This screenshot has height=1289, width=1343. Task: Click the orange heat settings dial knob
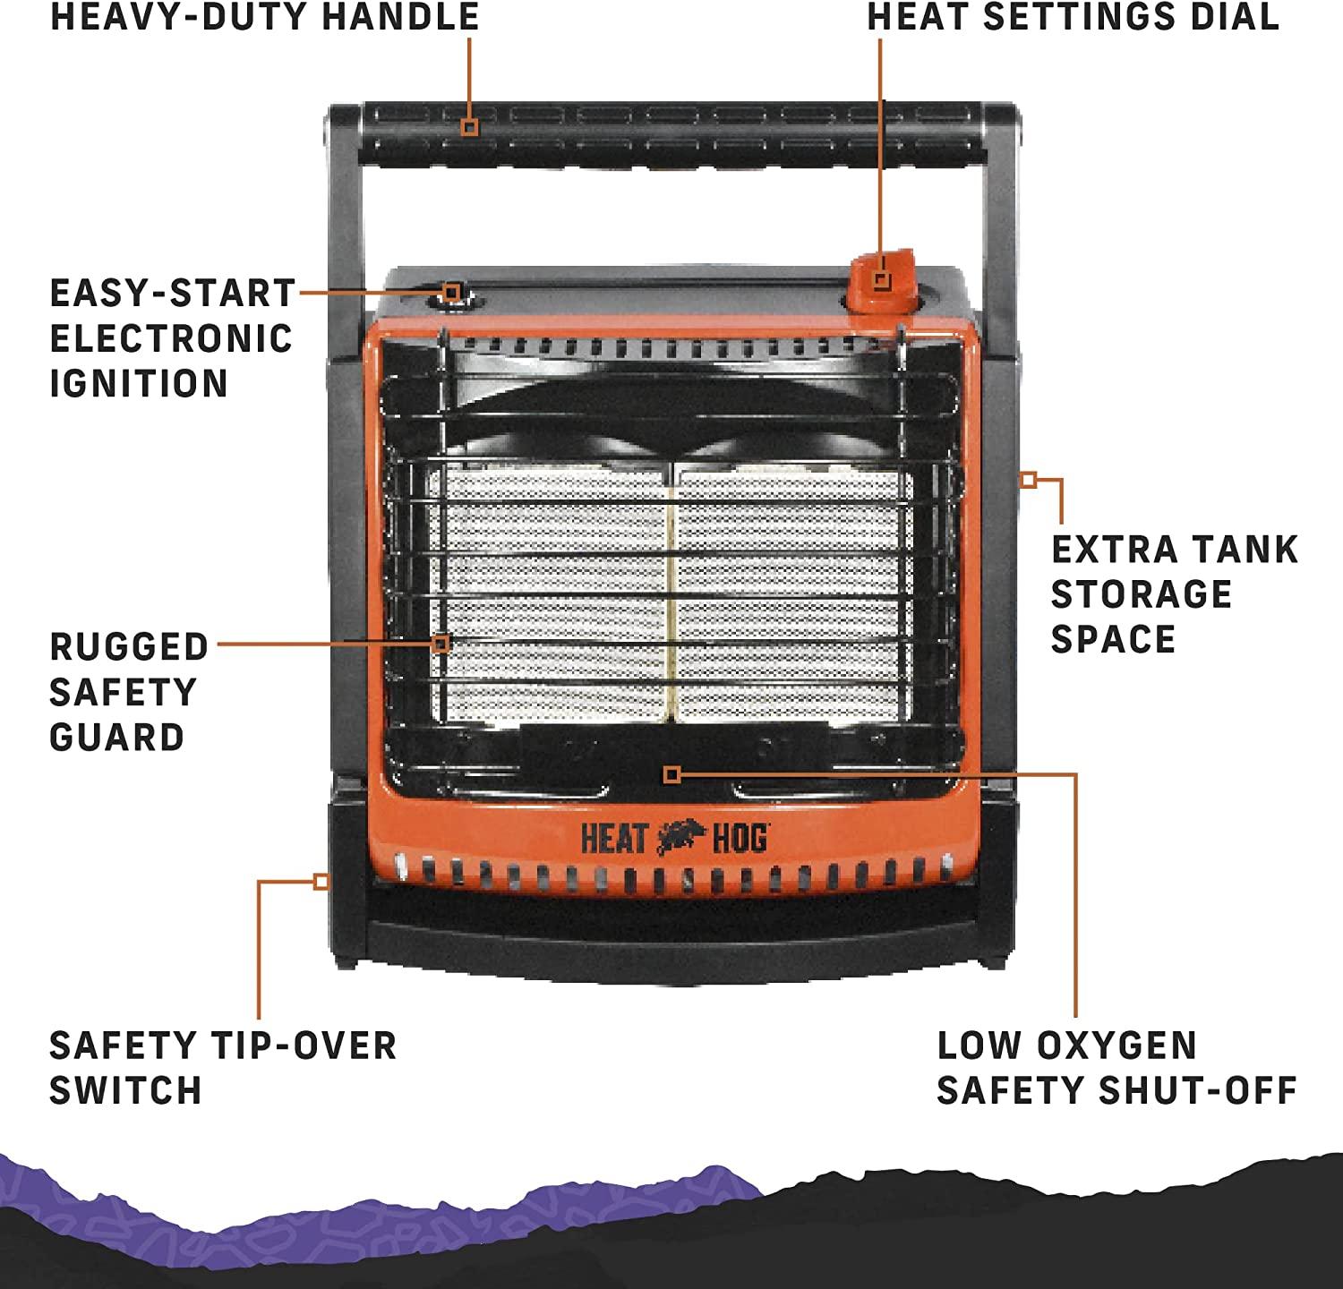click(882, 282)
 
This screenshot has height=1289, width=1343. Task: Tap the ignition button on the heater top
click(453, 294)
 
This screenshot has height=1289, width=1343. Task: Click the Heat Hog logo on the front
click(673, 839)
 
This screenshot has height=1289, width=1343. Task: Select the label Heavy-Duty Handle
click(264, 17)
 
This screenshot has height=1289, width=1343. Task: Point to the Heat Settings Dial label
click(1073, 17)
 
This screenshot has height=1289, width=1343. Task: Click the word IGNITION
click(139, 383)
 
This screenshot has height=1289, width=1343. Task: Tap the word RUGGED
click(129, 646)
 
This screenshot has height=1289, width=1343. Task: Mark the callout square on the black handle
click(470, 126)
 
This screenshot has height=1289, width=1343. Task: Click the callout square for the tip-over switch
click(321, 882)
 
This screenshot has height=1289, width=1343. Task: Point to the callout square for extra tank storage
click(1029, 480)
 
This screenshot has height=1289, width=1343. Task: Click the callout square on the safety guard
click(441, 644)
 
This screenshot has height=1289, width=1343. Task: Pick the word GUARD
click(116, 738)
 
